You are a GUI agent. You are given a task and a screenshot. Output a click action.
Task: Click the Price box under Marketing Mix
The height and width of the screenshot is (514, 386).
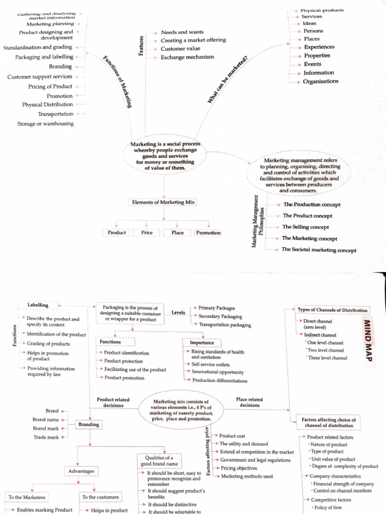click(x=147, y=232)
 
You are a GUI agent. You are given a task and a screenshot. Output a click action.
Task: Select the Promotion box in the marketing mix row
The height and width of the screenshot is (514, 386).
click(x=208, y=232)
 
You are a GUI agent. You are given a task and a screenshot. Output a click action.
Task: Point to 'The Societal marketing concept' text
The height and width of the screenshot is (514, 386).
click(x=319, y=250)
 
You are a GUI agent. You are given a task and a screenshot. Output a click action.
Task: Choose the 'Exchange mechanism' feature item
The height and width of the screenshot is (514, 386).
click(x=187, y=57)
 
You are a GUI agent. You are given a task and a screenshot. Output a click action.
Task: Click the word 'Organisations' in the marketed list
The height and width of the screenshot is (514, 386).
click(x=321, y=81)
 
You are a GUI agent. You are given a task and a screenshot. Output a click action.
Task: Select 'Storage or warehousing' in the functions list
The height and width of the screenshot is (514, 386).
click(x=45, y=123)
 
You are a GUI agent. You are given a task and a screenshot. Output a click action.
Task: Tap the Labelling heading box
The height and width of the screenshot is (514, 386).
click(x=38, y=305)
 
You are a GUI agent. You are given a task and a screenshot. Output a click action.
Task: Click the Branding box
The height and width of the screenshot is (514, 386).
click(x=88, y=425)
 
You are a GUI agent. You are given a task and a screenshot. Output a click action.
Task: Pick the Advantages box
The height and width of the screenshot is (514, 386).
click(x=81, y=471)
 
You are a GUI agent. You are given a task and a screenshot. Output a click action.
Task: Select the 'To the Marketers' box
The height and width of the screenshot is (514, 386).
click(x=27, y=497)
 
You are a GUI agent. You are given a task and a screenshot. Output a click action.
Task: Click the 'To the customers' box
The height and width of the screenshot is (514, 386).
click(x=101, y=497)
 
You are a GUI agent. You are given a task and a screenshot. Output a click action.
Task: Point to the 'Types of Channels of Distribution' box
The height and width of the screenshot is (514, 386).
click(x=333, y=310)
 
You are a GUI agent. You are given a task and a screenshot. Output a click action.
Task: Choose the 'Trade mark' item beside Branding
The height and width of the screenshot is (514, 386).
click(x=46, y=437)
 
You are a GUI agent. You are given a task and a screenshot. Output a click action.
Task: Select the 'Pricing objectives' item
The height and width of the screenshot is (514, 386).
click(x=239, y=468)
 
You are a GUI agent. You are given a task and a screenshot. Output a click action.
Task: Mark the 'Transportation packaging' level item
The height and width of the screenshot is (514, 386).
click(x=225, y=325)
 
